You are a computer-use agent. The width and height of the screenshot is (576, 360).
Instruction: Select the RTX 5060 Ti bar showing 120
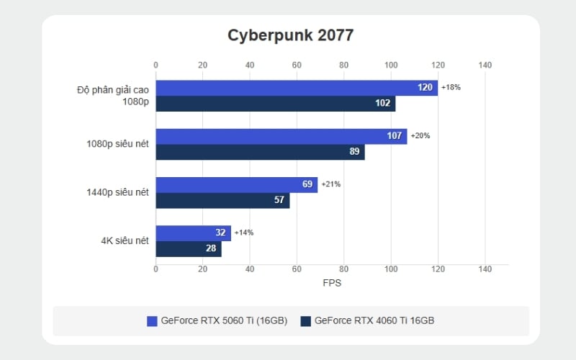click(x=297, y=88)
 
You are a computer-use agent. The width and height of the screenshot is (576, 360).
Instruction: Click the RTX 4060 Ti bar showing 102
click(x=276, y=104)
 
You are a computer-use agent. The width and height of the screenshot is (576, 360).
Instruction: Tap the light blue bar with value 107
click(x=282, y=136)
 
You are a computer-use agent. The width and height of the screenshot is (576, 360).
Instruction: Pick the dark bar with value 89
click(x=260, y=152)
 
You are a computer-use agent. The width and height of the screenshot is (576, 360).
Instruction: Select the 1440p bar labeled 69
click(x=237, y=184)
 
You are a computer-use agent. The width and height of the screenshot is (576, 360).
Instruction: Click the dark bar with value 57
click(x=222, y=200)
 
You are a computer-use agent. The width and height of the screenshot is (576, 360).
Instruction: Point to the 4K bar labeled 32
click(x=193, y=233)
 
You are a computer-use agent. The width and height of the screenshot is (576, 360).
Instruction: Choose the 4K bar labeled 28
click(x=189, y=248)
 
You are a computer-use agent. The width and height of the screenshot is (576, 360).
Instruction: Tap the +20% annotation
click(x=420, y=135)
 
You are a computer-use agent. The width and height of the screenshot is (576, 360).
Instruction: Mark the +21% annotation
click(x=330, y=184)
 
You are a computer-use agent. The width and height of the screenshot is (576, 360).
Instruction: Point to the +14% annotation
click(x=243, y=233)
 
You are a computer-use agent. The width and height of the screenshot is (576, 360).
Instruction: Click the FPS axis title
click(x=332, y=283)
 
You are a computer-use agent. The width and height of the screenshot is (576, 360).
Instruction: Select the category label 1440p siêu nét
click(x=117, y=192)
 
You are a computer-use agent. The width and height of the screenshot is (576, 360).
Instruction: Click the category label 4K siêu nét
click(x=125, y=240)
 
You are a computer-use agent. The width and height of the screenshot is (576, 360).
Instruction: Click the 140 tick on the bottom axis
click(x=485, y=269)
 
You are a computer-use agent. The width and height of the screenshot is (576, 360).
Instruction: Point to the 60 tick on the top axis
click(x=297, y=66)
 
